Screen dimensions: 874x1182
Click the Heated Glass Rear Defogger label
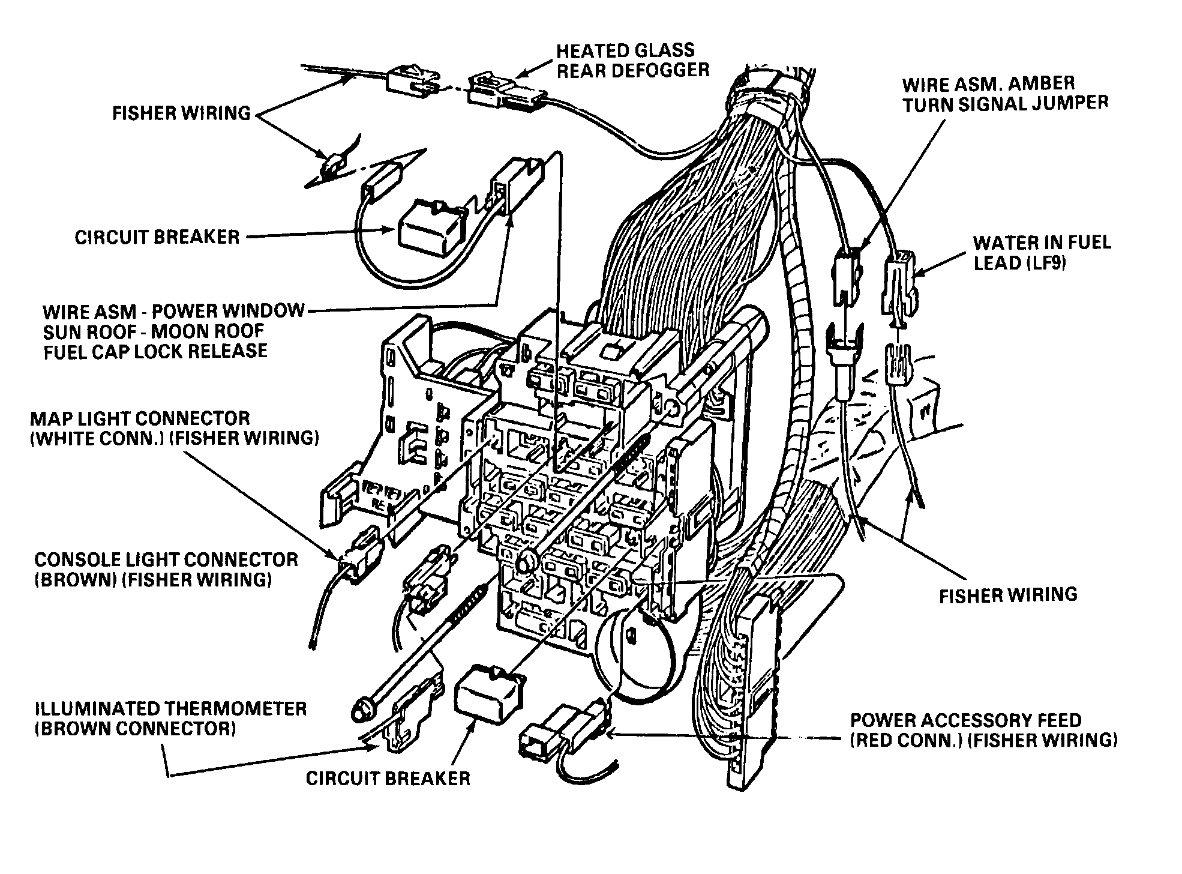coord(632,60)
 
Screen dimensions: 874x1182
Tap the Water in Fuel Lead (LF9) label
coord(1042,253)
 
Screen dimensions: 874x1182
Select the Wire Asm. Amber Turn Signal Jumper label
coord(1005,94)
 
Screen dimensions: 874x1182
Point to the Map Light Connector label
coord(174,428)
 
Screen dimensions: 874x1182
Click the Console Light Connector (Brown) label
coord(166,569)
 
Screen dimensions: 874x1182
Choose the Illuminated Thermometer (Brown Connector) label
coord(171,719)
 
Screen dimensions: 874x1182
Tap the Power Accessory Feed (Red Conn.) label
coord(983,730)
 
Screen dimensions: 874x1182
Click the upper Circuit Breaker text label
coord(157,237)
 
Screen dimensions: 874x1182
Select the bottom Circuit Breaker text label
coord(388,779)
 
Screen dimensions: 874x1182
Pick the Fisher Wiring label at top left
coord(181,113)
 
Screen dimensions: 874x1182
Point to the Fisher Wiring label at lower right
coord(1008,595)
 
